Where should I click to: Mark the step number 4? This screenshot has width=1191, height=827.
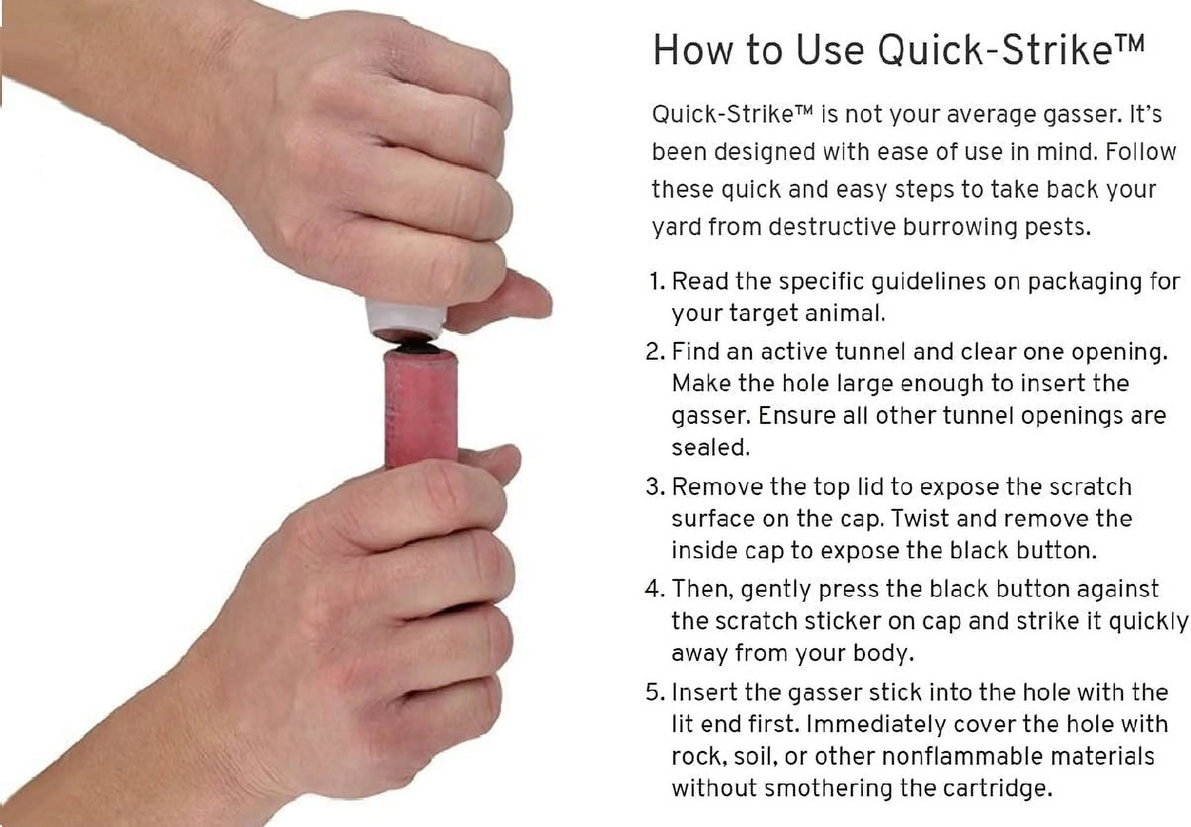(654, 589)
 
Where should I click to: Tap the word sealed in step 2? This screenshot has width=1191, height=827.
(710, 448)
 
